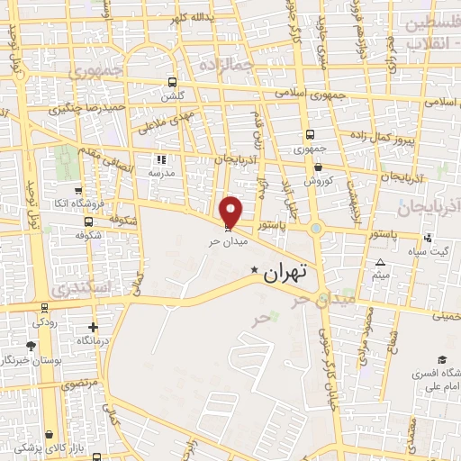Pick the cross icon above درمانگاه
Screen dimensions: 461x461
94,327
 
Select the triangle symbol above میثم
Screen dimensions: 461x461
381,262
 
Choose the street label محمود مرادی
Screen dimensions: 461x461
368,339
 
